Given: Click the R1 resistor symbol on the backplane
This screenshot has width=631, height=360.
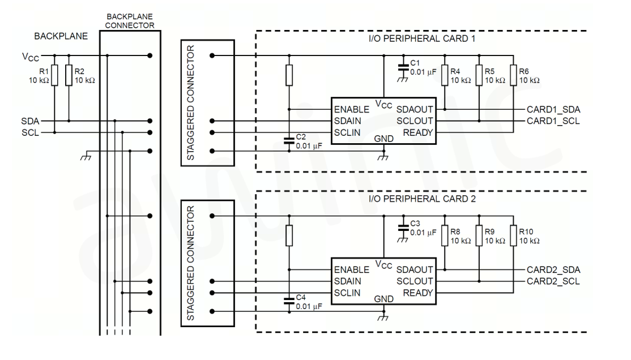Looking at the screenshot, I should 54,75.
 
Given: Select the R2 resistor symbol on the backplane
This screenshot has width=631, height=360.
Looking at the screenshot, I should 69,75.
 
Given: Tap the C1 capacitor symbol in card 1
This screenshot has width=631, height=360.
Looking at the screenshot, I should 403,67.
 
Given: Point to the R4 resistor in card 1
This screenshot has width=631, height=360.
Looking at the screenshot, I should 445,75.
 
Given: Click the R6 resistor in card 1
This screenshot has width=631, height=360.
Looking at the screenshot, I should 513,75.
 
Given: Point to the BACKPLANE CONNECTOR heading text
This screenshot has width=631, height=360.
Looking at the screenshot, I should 130,21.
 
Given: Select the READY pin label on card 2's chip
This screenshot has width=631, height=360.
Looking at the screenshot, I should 418,293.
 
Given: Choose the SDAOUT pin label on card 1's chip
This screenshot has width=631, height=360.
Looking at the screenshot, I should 415,109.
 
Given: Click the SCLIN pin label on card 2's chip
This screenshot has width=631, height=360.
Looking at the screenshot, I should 347,293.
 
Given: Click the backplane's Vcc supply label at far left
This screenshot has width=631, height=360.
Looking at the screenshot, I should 28,56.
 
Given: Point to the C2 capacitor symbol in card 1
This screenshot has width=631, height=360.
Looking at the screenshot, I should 289,141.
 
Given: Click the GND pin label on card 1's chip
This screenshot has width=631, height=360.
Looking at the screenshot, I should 384,139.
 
